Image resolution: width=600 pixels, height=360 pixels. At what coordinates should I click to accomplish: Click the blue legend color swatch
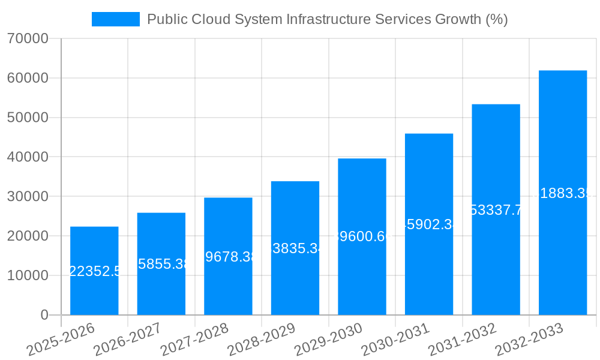point(115,19)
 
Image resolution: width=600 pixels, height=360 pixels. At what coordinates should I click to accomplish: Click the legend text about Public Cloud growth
point(327,19)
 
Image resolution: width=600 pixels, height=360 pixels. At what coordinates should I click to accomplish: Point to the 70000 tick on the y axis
point(28,39)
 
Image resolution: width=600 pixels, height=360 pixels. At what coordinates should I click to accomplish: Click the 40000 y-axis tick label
point(28,157)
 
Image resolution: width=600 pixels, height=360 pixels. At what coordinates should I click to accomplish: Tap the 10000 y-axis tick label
point(28,275)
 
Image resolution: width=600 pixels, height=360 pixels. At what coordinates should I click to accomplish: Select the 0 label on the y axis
point(44,315)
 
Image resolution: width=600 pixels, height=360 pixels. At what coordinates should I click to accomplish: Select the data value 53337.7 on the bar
point(496,210)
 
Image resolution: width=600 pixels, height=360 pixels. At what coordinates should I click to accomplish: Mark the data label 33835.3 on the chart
point(295,248)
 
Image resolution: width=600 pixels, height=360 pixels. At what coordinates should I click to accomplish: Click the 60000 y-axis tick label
point(28,78)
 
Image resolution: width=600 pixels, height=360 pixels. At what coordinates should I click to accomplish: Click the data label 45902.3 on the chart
point(429,224)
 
